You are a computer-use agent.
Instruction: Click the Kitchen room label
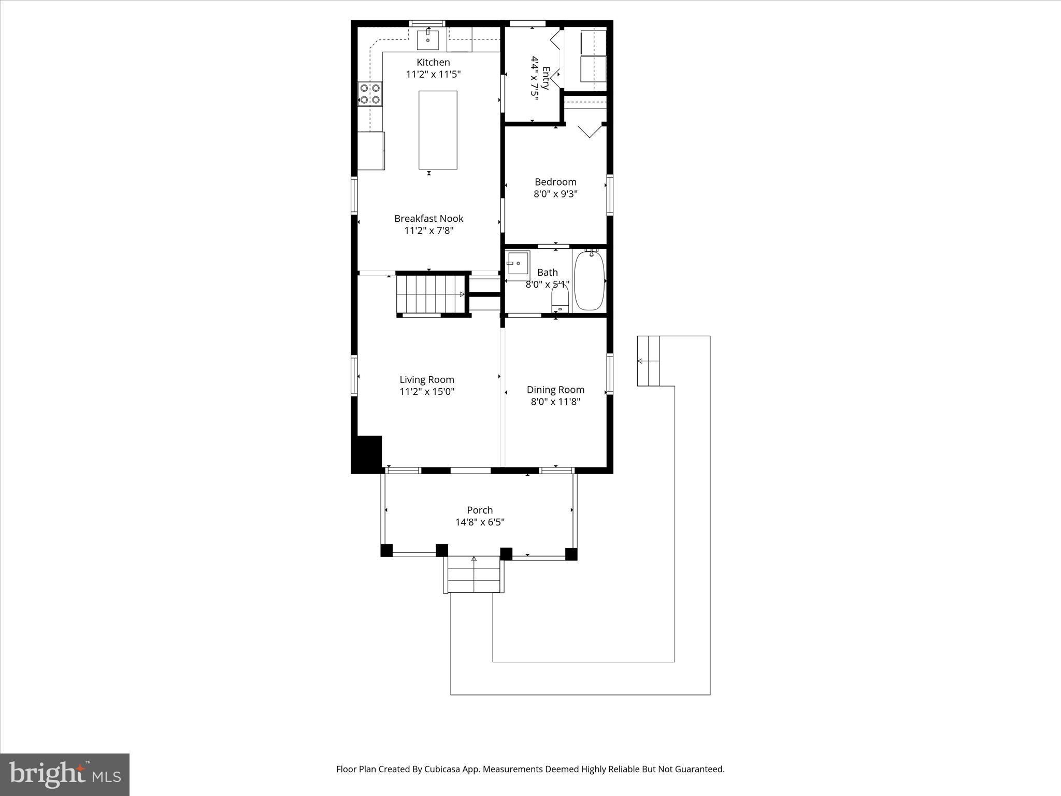coord(433,62)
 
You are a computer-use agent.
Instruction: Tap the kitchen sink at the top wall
coord(428,40)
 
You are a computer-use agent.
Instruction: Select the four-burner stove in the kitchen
coord(370,94)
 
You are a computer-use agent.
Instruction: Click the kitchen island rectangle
coord(438,130)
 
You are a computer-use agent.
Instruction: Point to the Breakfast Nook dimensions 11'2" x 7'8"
coord(428,231)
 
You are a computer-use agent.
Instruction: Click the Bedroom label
coord(555,182)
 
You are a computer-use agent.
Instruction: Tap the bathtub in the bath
coord(589,280)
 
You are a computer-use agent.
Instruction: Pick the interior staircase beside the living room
coord(430,294)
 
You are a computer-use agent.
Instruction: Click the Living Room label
coord(426,380)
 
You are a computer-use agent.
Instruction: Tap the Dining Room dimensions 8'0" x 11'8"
coord(555,402)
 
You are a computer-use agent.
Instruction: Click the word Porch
coord(480,510)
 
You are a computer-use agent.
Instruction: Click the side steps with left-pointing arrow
coord(648,361)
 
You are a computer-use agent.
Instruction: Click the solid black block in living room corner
coord(367,454)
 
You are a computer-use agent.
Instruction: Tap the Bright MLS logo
coord(65,774)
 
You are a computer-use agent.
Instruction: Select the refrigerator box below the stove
coord(371,151)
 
